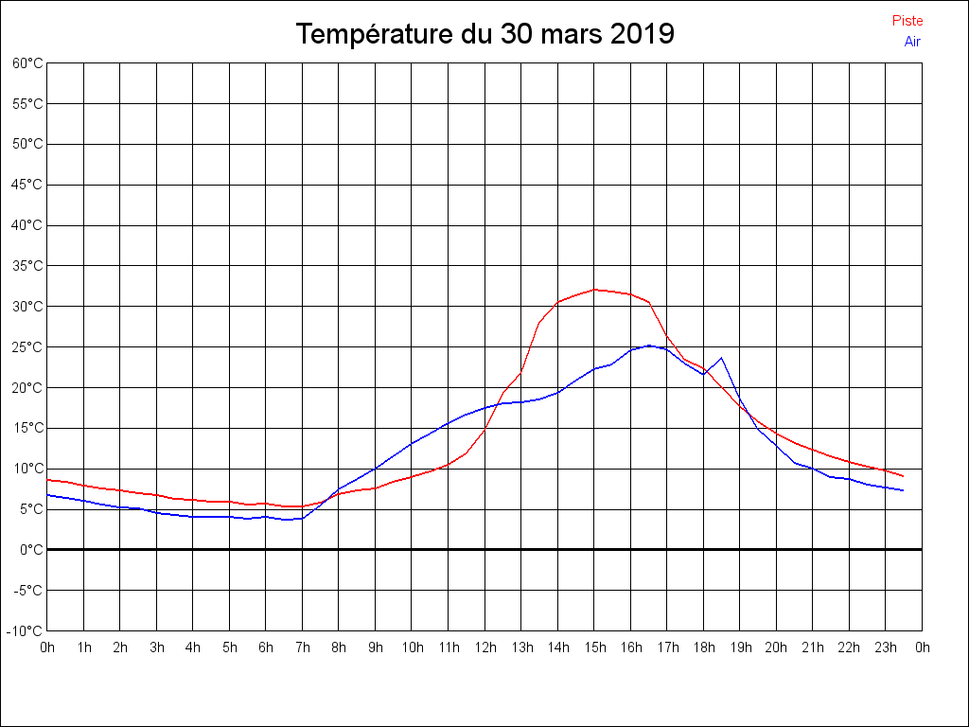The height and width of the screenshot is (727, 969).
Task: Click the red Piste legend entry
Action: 907,21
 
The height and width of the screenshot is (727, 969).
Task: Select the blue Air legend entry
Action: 912,42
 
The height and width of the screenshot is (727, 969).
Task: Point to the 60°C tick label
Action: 27,63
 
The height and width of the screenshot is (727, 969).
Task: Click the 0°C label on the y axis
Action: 31,549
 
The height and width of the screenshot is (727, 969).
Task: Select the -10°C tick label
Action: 26,630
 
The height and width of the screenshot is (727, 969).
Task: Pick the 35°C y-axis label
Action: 27,266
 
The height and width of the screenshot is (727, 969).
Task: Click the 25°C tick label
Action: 27,347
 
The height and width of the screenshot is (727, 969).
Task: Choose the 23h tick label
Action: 886,648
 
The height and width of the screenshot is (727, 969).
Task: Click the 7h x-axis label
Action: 303,648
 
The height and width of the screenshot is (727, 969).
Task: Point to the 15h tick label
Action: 594,648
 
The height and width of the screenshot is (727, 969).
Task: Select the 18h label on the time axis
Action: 703,648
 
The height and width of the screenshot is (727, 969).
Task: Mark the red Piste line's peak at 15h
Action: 594,290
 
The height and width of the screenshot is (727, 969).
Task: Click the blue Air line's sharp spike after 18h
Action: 722,358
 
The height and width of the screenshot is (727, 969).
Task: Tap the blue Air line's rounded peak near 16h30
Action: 649,346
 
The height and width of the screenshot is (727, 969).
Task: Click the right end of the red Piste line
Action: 904,476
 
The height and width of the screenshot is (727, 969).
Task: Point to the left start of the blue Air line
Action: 48,494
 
